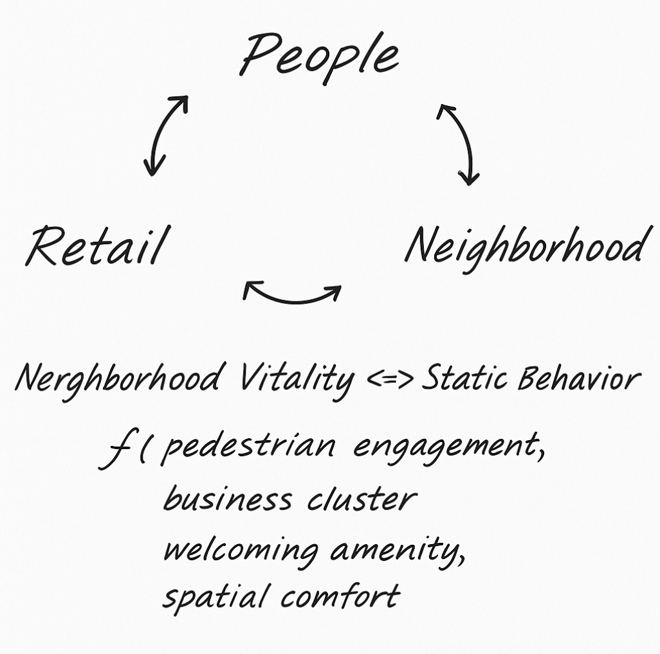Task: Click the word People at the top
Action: [x=320, y=57]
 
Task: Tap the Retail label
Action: [x=95, y=246]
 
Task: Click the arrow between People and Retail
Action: [x=165, y=135]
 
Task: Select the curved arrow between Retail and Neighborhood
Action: [x=293, y=296]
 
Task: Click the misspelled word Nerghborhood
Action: [x=120, y=378]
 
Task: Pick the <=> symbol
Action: [x=390, y=380]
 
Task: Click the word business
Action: [x=228, y=499]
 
